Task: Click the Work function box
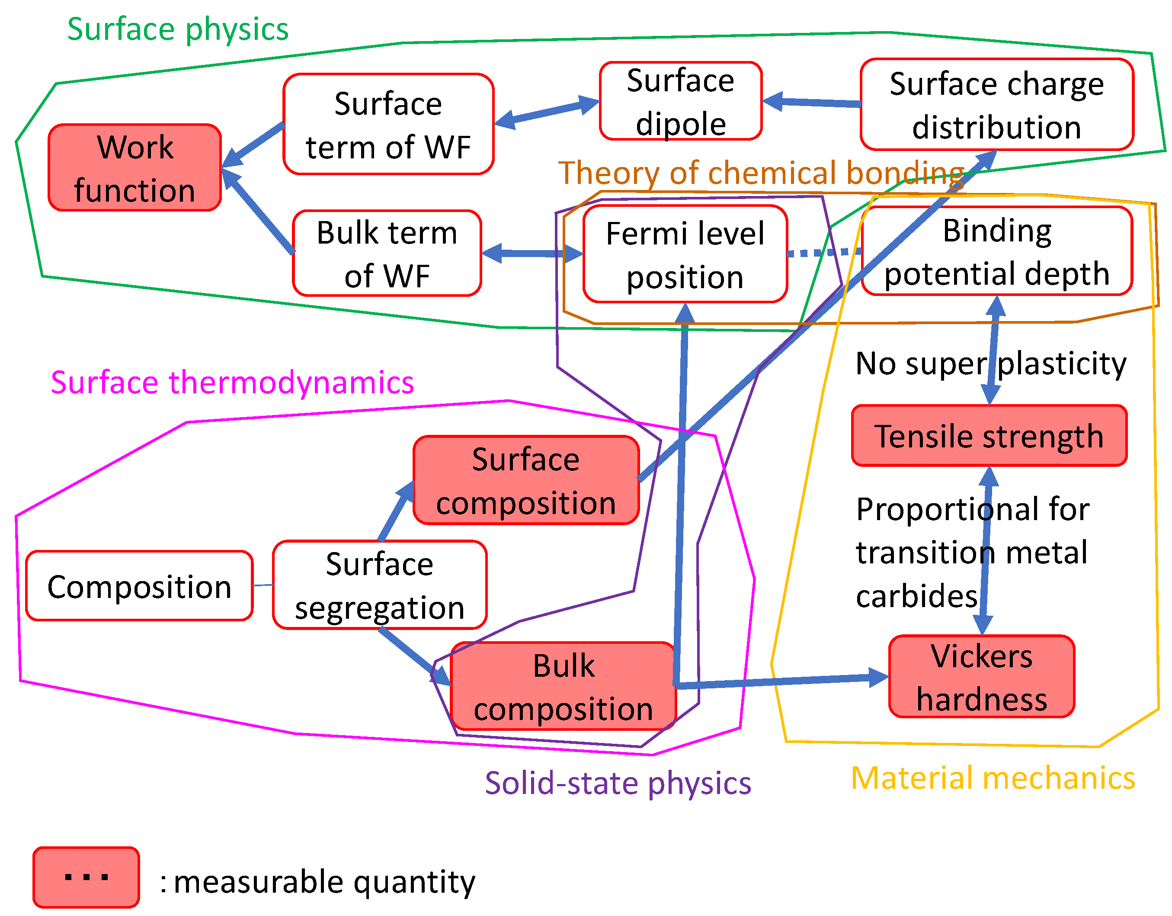coord(134,167)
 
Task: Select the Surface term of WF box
coord(388,124)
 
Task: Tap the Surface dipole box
coord(680,101)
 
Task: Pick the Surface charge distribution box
coord(996,105)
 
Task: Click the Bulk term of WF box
coord(387,253)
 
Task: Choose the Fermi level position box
coord(685,254)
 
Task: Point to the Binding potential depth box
coord(996,251)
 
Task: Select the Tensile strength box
coord(989,435)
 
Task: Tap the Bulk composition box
coord(563,686)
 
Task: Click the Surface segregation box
coord(379,585)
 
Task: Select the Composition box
coord(139,586)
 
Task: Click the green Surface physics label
coord(178,29)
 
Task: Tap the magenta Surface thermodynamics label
coord(232,382)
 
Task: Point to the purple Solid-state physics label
coord(618,782)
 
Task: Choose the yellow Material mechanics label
coord(993,778)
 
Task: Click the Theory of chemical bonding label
coord(761,173)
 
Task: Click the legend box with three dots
coord(86,877)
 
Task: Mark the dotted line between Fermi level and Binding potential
coord(824,252)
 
